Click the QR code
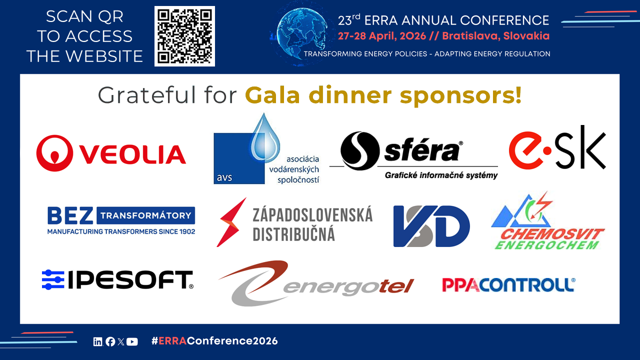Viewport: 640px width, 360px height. (184, 36)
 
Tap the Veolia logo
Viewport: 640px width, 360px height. (111, 153)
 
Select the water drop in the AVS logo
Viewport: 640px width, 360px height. (265, 138)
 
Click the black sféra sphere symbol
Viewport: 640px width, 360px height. (360, 150)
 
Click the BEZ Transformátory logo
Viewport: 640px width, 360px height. (121, 220)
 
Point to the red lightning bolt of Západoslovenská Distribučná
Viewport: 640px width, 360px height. (231, 222)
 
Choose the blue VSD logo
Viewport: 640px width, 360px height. (431, 226)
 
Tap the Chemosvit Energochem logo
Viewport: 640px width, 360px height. (547, 221)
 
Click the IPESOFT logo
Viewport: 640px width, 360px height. (117, 279)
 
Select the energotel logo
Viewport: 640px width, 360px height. (316, 283)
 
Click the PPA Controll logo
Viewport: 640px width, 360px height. (509, 285)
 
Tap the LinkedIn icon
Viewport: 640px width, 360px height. (97, 341)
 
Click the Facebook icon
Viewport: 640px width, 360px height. (110, 341)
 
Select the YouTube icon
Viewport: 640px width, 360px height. (132, 341)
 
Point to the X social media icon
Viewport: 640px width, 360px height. (121, 341)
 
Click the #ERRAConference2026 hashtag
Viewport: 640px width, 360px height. (214, 341)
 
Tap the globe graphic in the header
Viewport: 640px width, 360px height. (302, 33)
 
